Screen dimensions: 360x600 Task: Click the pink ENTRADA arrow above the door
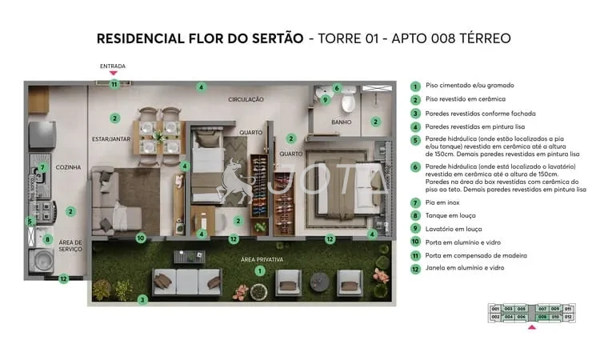tap(114, 74)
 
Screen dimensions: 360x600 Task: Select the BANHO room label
tap(343, 122)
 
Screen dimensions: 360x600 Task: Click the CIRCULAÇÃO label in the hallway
tap(246, 99)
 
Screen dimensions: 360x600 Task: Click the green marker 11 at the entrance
tap(114, 83)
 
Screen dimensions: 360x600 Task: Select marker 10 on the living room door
tap(140, 238)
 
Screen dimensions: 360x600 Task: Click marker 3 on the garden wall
tap(142, 300)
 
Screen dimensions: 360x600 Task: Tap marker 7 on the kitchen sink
tap(42, 168)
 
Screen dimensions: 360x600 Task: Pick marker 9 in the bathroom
tap(325, 100)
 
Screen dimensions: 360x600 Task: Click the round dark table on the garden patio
tap(318, 282)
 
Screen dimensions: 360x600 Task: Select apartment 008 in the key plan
tap(542, 317)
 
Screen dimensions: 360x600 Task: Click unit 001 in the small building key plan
tap(495, 308)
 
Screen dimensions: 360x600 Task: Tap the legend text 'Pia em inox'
tap(442, 204)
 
